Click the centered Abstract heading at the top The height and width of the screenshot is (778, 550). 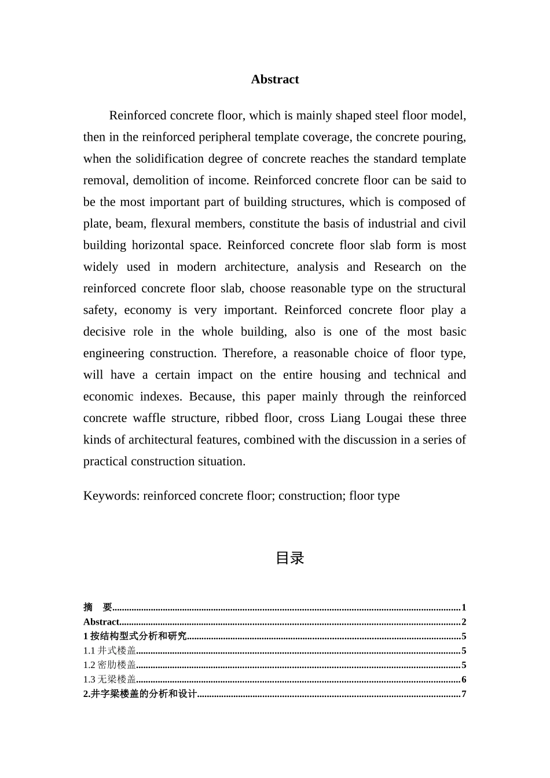[x=275, y=79]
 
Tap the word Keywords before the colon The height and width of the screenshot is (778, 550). [x=111, y=496]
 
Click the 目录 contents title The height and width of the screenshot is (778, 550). [x=289, y=558]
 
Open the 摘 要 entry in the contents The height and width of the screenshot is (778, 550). [x=97, y=607]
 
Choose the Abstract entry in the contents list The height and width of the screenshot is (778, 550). [x=101, y=622]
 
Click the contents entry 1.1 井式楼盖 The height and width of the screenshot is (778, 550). [x=110, y=651]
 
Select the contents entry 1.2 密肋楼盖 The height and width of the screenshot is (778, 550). [x=110, y=665]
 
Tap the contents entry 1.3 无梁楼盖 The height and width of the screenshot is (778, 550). [x=110, y=680]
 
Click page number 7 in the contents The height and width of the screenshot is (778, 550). [x=464, y=694]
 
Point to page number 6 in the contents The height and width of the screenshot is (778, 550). [x=464, y=680]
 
